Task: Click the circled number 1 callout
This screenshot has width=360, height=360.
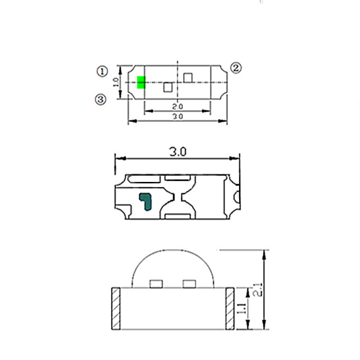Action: coord(102,72)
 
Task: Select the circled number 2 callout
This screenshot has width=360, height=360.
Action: coord(236,68)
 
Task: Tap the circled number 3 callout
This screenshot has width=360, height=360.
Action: coord(100,99)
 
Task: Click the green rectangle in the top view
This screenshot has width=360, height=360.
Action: coord(141,83)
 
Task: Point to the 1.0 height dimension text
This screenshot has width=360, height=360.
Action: coord(115,83)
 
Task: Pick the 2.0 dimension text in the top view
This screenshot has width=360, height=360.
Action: coord(178,106)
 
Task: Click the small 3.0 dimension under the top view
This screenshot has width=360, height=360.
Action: coord(178,117)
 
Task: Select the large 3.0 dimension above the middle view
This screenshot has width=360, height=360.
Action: coord(177,152)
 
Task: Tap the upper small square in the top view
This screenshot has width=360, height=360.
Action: coord(188,77)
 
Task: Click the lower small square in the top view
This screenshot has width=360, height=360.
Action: coord(168,87)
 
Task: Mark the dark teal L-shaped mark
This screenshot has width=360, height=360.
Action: coord(145,201)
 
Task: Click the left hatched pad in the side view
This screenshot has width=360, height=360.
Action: coord(116,309)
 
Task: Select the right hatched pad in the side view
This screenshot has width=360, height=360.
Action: coord(229,309)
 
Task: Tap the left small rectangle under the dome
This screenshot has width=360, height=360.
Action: coord(156,284)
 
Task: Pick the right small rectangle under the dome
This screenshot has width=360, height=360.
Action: coord(190,284)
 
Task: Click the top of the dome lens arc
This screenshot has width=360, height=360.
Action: coord(173,251)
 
